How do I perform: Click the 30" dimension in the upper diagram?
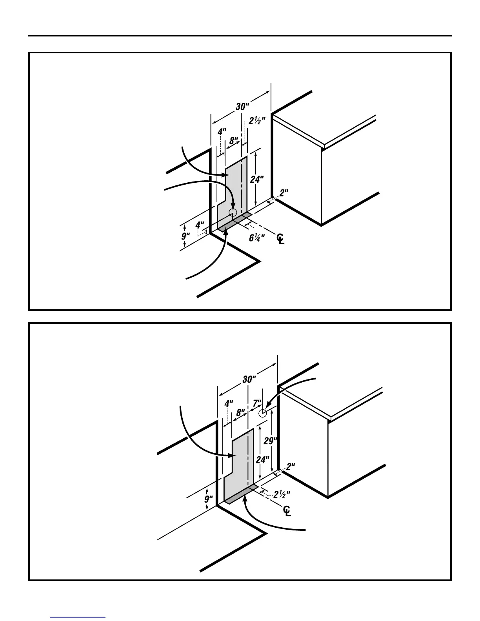pyautogui.click(x=242, y=107)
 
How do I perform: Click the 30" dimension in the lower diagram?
pyautogui.click(x=249, y=379)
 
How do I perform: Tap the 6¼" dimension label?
pyautogui.click(x=256, y=238)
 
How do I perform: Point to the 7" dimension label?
pyautogui.click(x=257, y=403)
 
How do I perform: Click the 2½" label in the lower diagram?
pyautogui.click(x=282, y=494)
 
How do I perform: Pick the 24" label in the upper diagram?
pyautogui.click(x=257, y=179)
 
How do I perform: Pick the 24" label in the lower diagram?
pyautogui.click(x=262, y=459)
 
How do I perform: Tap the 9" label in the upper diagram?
pyautogui.click(x=185, y=236)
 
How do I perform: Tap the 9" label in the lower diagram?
pyautogui.click(x=209, y=499)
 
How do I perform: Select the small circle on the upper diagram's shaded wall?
pyautogui.click(x=233, y=212)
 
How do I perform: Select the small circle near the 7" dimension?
pyautogui.click(x=263, y=413)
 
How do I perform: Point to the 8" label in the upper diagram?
pyautogui.click(x=234, y=140)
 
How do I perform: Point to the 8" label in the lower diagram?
pyautogui.click(x=241, y=412)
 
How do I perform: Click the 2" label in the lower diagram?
pyautogui.click(x=291, y=467)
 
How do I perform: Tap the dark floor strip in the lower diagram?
pyautogui.click(x=241, y=494)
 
